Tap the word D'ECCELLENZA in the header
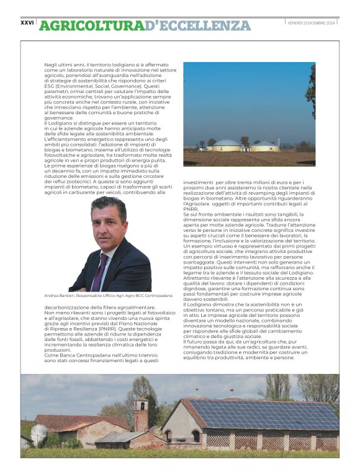click(x=197, y=25)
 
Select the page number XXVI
click(x=27, y=22)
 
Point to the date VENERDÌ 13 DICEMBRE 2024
click(x=312, y=22)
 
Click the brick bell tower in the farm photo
click(x=141, y=414)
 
